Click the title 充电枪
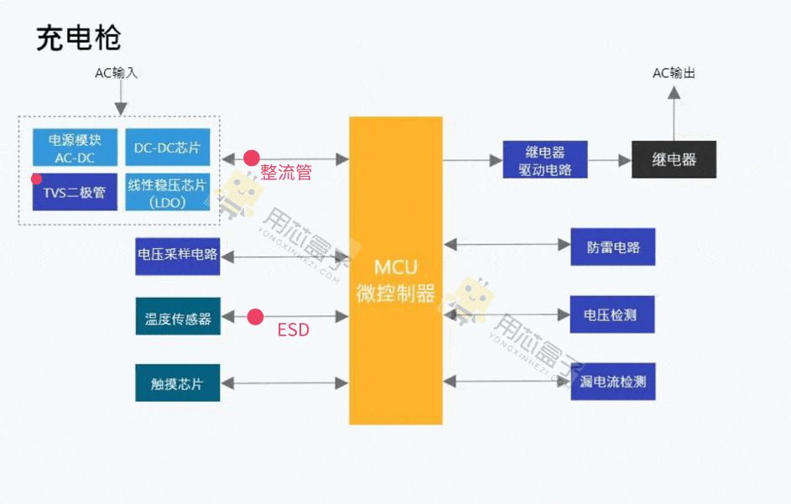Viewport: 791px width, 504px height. point(79,38)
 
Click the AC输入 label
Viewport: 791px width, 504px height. point(117,73)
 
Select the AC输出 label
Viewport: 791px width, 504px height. point(674,73)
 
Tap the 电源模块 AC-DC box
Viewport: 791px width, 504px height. point(75,148)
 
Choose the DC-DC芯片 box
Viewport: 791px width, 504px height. point(168,148)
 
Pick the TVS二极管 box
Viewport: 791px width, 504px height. point(75,192)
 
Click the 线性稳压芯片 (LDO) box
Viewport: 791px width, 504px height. point(168,192)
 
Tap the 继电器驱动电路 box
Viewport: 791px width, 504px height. point(544,159)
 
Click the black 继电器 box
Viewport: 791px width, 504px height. point(674,159)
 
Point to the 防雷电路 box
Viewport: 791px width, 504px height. point(612,247)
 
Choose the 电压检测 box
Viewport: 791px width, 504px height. point(612,315)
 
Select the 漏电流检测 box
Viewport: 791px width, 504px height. point(612,382)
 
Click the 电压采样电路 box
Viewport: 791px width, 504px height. point(178,255)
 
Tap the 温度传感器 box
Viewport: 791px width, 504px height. point(178,318)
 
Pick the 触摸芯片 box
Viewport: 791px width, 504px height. point(178,383)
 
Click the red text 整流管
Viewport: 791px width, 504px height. point(286,173)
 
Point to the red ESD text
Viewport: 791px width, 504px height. point(293,330)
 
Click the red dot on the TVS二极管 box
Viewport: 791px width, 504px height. point(36,179)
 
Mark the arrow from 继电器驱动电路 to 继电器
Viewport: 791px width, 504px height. point(609,159)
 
